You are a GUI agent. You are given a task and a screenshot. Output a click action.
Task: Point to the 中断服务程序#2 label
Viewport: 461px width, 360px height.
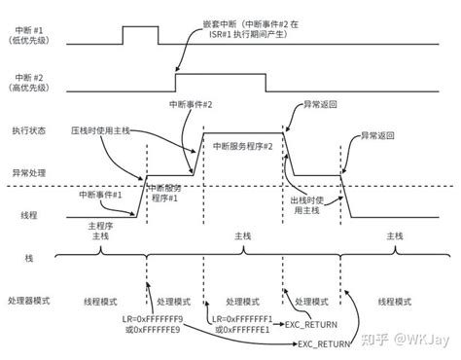tap(240, 145)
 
